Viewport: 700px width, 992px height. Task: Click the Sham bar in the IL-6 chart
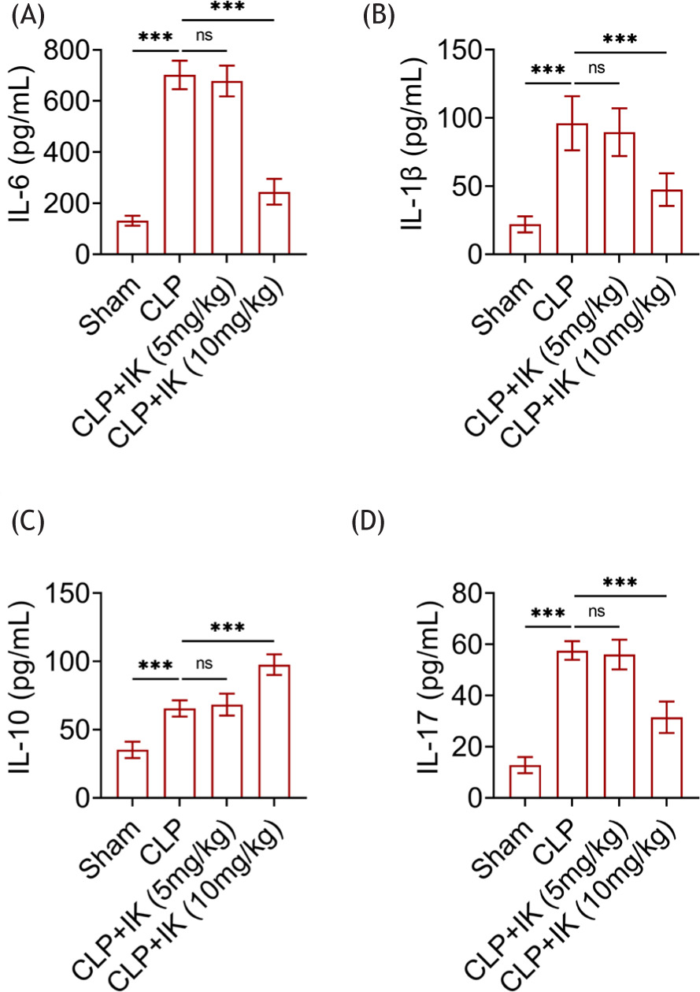tap(133, 238)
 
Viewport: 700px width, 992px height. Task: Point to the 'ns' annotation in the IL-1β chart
tap(597, 68)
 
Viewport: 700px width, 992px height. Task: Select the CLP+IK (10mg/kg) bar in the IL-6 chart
tap(272, 223)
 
